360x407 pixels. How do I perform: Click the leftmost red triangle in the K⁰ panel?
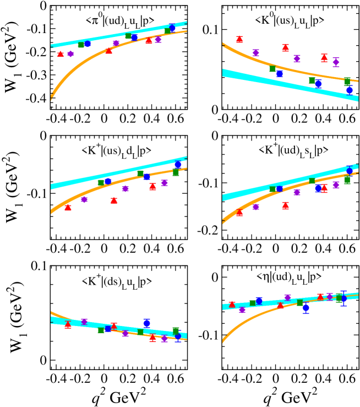point(239,39)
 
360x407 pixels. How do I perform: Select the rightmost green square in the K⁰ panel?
point(347,82)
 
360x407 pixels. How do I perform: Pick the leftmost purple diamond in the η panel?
point(242,310)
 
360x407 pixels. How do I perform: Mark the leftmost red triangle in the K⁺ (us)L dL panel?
point(68,207)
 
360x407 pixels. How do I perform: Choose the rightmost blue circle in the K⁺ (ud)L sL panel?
point(350,171)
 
